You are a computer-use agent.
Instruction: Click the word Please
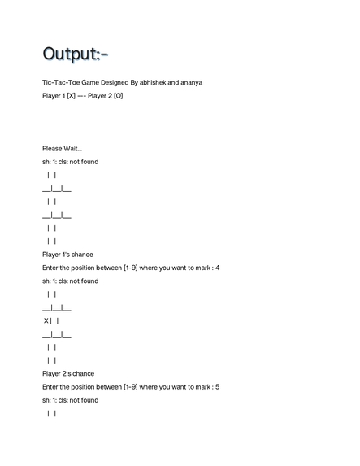52,148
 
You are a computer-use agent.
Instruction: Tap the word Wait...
72,148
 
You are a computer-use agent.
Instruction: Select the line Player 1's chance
67,255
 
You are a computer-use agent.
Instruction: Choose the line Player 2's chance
68,373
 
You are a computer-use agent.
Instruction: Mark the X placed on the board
46,320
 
